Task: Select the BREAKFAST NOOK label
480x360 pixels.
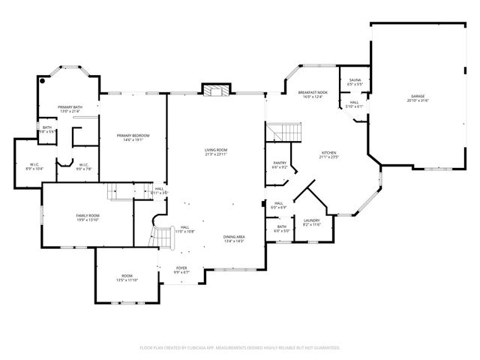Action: click(312, 94)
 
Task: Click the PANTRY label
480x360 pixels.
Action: click(280, 165)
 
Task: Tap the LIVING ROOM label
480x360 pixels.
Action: click(216, 151)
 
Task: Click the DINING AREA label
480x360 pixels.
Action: click(234, 238)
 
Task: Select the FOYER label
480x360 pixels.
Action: click(181, 269)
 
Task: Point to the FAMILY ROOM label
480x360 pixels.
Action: click(88, 217)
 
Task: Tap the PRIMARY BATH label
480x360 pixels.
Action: click(71, 109)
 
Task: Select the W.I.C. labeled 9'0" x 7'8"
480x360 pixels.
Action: click(84, 166)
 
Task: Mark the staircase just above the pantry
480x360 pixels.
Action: click(285, 133)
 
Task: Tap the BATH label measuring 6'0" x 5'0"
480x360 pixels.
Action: click(281, 229)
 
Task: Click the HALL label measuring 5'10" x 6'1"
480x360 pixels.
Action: click(354, 104)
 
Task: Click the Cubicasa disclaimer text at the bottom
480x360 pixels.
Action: click(240, 348)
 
